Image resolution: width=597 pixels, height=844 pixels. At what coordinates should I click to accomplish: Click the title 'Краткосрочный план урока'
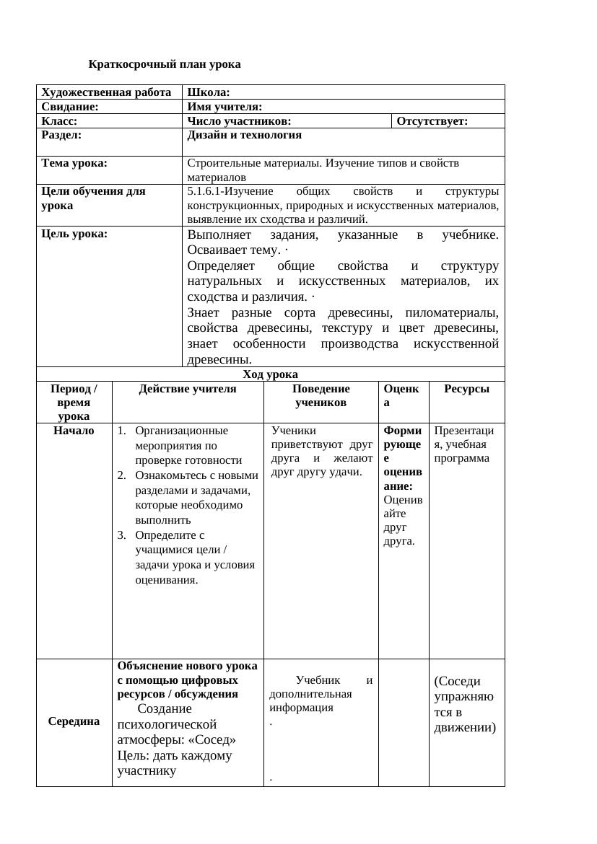(165, 64)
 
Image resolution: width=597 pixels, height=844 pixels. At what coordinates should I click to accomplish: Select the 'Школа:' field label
(209, 92)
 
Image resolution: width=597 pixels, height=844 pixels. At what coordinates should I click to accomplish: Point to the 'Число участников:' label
(240, 121)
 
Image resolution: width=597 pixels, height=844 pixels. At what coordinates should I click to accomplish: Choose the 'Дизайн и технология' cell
(245, 135)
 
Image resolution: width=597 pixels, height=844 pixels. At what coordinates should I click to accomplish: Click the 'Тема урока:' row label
(74, 163)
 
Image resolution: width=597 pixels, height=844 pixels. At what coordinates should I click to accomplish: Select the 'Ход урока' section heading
(270, 374)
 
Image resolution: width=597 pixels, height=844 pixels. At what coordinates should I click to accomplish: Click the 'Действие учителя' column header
(188, 389)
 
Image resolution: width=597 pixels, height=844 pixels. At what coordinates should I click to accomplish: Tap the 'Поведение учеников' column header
(321, 395)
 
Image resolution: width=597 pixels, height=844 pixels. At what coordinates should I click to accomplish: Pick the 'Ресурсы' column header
(466, 389)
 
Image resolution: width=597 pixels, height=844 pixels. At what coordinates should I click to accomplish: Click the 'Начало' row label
(74, 431)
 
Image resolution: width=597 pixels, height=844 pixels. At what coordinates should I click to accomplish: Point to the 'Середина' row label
(74, 721)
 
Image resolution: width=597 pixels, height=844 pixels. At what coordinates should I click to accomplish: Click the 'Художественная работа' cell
(106, 92)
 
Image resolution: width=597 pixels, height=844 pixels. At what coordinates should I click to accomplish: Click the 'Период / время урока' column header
(74, 402)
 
